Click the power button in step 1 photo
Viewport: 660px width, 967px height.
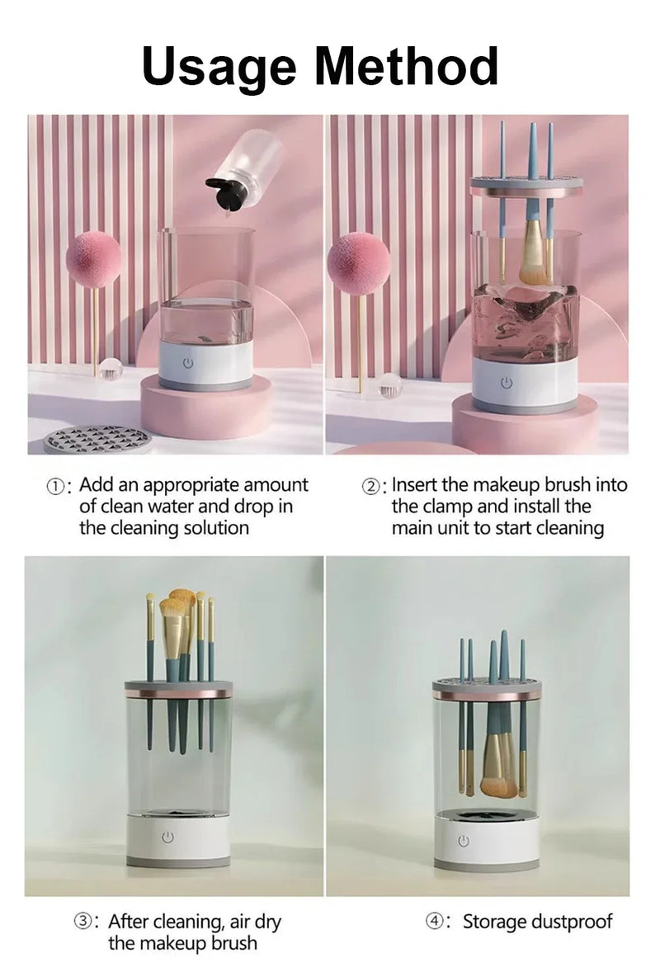click(x=188, y=362)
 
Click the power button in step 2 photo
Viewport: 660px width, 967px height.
click(x=507, y=382)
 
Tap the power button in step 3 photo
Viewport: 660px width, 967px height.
click(x=168, y=837)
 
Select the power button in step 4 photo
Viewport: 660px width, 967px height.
click(x=463, y=841)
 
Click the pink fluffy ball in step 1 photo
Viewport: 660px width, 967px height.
click(x=93, y=259)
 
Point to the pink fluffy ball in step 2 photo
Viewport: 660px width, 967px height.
click(x=358, y=264)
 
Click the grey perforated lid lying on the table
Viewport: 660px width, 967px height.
click(x=97, y=439)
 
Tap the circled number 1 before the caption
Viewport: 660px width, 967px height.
click(x=56, y=486)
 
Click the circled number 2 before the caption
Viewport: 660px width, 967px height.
click(x=372, y=486)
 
